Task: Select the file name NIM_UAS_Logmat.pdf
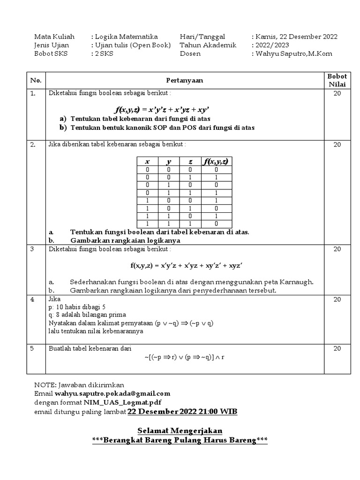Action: (119, 402)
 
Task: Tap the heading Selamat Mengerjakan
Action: (180, 430)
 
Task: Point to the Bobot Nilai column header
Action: (337, 80)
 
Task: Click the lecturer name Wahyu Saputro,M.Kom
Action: (294, 54)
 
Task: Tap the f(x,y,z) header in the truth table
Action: (215, 162)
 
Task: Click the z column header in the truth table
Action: (190, 162)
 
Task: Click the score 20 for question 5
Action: (337, 349)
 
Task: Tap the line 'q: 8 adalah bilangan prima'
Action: (87, 315)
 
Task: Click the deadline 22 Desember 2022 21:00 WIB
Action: (182, 412)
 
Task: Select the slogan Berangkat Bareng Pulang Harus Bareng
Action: (180, 440)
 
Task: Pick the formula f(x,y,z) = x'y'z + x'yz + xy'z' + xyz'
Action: (186, 265)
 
